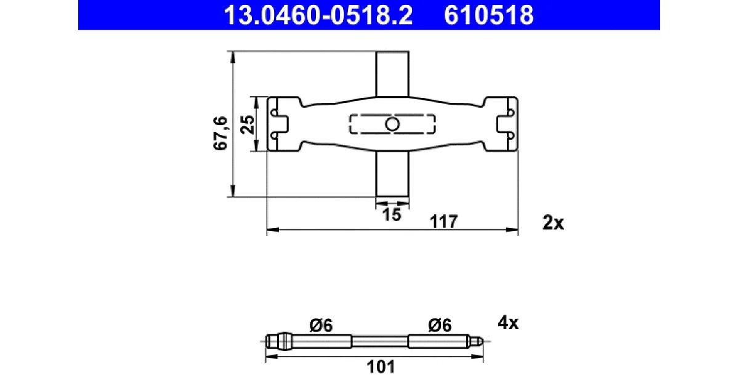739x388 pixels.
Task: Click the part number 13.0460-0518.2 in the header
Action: [x=318, y=15]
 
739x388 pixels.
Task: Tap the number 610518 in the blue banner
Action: [x=488, y=15]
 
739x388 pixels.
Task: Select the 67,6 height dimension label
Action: [x=220, y=133]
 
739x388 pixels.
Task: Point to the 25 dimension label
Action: [x=248, y=124]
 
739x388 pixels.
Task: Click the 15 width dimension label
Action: [x=392, y=215]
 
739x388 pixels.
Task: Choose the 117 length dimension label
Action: [x=444, y=221]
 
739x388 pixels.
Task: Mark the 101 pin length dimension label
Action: [x=381, y=366]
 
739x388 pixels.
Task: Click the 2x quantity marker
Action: [x=553, y=223]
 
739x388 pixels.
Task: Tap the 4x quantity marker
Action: [x=508, y=322]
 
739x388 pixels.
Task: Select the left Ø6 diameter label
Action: [x=321, y=325]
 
